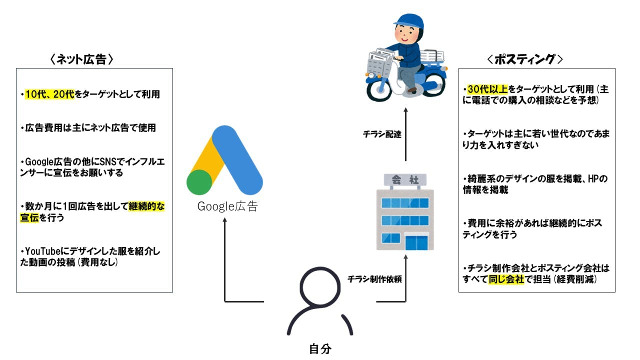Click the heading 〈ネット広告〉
pyautogui.click(x=82, y=59)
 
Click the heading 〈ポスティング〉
pyautogui.click(x=524, y=59)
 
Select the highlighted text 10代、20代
pyautogui.click(x=49, y=94)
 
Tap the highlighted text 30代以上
pyautogui.click(x=487, y=89)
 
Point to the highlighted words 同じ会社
pyautogui.click(x=505, y=279)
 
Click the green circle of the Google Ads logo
pyautogui.click(x=199, y=182)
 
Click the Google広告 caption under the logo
pyautogui.click(x=227, y=206)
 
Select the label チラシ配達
pyautogui.click(x=382, y=134)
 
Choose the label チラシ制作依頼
pyautogui.click(x=374, y=279)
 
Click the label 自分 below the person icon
pyautogui.click(x=320, y=349)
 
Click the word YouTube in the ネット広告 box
pyautogui.click(x=39, y=250)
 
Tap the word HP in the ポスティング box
pyautogui.click(x=593, y=178)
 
